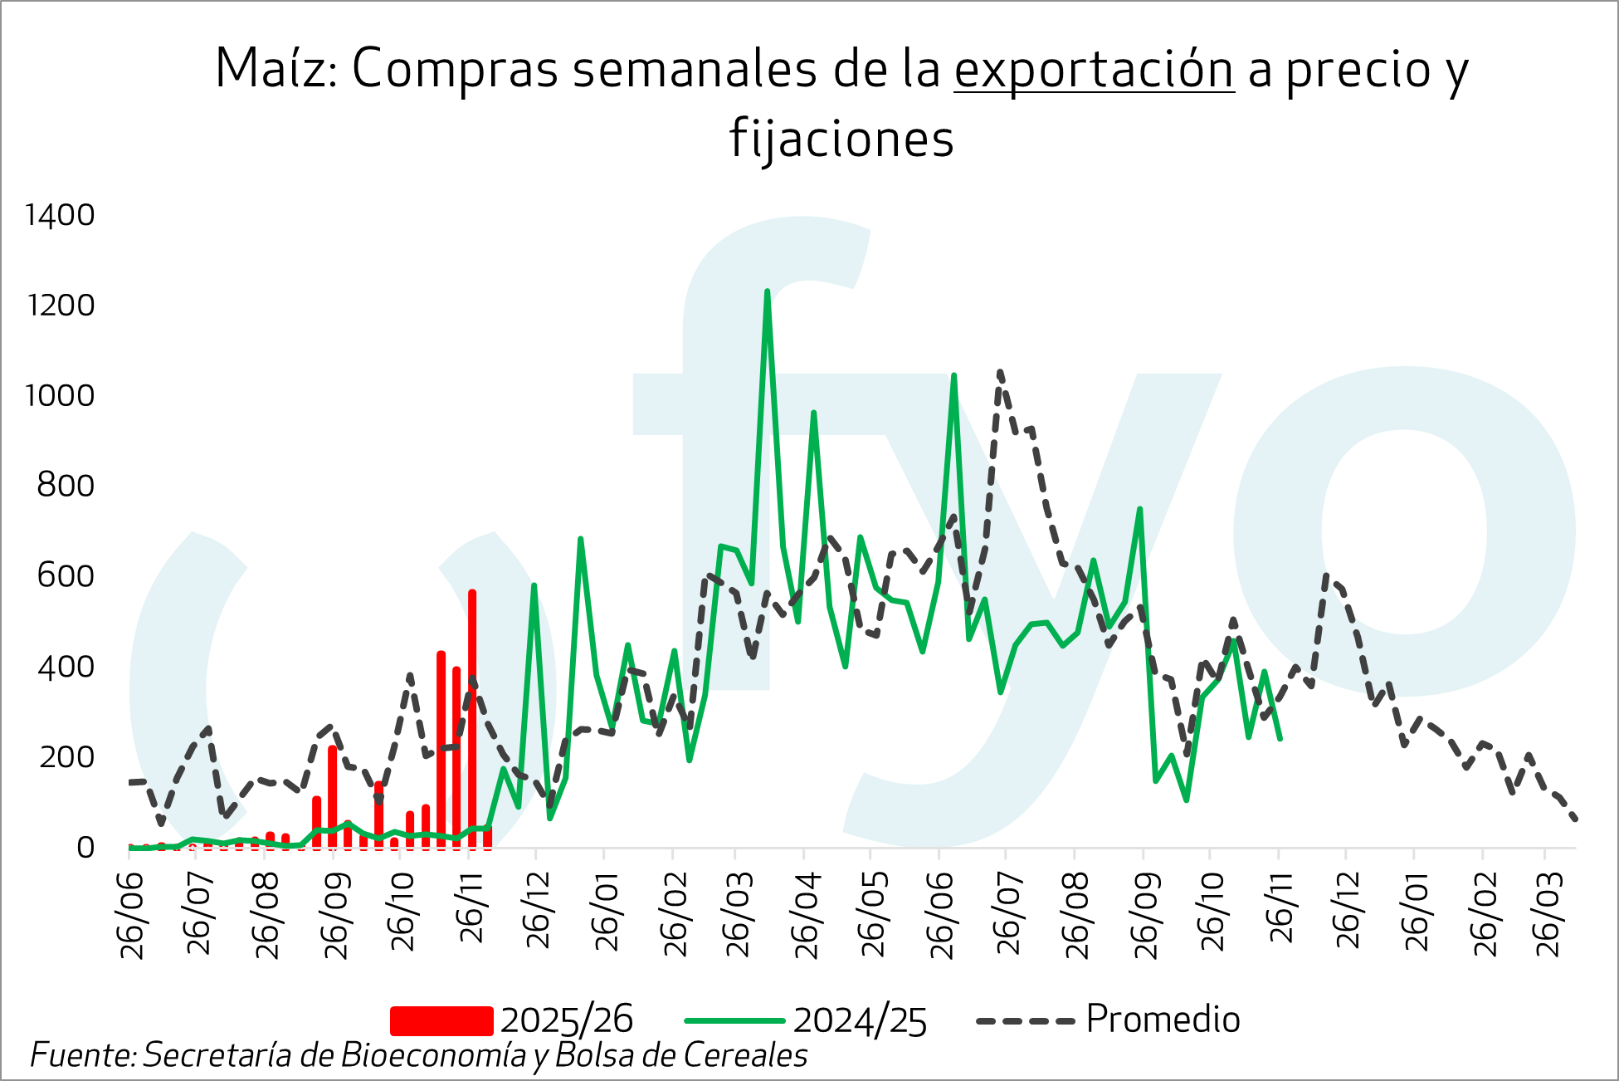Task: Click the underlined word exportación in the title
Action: pos(1094,70)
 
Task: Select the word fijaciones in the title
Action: pos(841,139)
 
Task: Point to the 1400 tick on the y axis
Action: pos(61,215)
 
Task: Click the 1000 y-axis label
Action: pos(61,395)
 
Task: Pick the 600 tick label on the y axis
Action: pos(66,575)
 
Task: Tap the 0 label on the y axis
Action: pos(85,847)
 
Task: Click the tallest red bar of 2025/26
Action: pos(472,714)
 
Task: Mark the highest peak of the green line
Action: pos(767,291)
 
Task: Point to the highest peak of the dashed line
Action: pos(1000,373)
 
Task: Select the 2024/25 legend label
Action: pos(860,1020)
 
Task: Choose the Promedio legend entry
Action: pos(1163,1019)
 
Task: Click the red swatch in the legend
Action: pos(441,1020)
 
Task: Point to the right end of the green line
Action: pos(1280,738)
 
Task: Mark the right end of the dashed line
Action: pos(1574,819)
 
